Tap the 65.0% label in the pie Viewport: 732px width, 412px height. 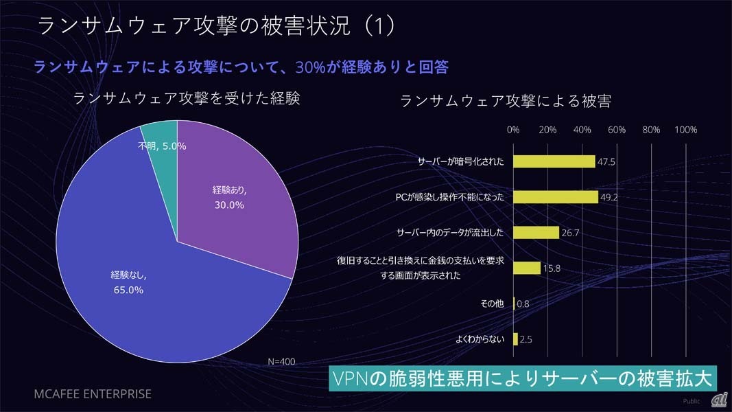[x=128, y=290]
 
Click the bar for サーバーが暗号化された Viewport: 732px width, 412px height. [x=554, y=161]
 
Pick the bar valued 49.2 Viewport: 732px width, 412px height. [x=555, y=197]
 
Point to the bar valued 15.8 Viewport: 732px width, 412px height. [x=526, y=268]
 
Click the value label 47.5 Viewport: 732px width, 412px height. [x=606, y=162]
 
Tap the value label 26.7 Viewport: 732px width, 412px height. [x=571, y=233]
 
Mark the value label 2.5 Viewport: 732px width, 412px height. [x=527, y=339]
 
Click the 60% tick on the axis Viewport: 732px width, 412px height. [x=617, y=130]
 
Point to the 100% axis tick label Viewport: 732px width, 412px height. [x=686, y=130]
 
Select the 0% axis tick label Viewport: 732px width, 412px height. [x=512, y=130]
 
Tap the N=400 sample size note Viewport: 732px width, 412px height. [x=281, y=361]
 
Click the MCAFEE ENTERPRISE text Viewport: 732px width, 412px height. [x=93, y=394]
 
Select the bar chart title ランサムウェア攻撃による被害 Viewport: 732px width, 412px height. [x=505, y=101]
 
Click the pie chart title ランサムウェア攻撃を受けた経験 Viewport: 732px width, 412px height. [x=187, y=98]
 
